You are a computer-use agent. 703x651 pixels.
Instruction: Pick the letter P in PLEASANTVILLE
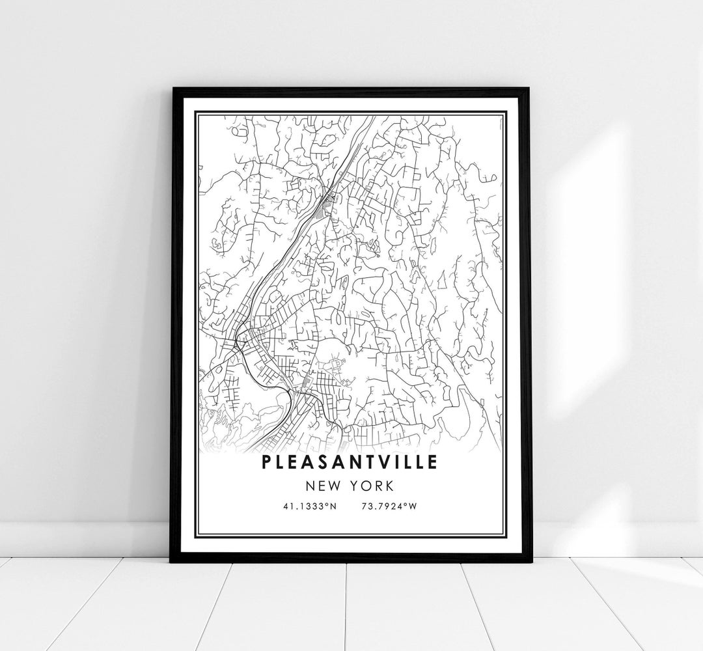267,462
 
